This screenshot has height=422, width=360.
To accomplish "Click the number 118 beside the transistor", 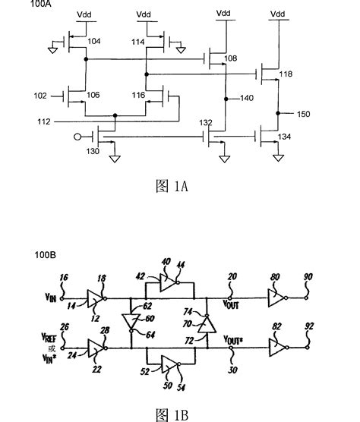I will [285, 75].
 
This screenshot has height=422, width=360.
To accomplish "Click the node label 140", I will [246, 98].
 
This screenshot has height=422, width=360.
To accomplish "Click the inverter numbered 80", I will [278, 292].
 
